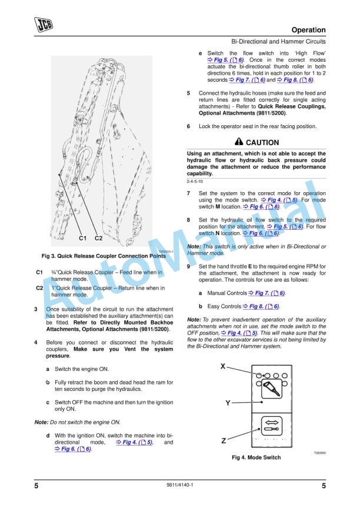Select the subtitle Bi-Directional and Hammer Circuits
coord(278,42)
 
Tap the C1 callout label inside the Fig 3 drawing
coord(84,238)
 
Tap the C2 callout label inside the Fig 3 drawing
coord(98,238)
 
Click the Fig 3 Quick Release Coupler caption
coord(104,256)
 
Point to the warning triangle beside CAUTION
coord(238,142)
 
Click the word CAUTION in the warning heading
coord(262,143)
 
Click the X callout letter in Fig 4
coord(223,366)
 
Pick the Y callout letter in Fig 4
coord(227,403)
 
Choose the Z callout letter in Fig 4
coord(224,440)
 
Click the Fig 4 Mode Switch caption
coord(256,457)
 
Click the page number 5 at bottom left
coord(36,485)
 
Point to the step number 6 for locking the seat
coord(188,126)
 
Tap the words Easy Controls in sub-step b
coord(224,306)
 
